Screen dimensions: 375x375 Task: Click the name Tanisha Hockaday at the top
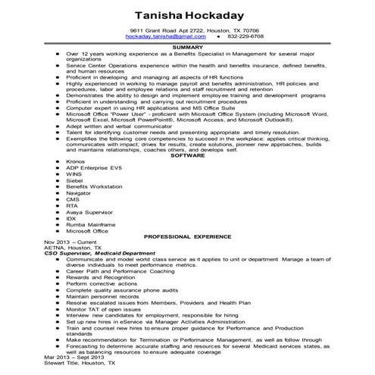coord(187,15)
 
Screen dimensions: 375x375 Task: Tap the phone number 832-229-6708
coord(246,36)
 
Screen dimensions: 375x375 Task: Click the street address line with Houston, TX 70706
coord(187,30)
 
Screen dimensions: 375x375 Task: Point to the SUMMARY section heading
coord(187,47)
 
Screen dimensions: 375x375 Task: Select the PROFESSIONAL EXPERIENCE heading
coord(187,236)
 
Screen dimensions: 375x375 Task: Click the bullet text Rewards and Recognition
coord(97,277)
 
